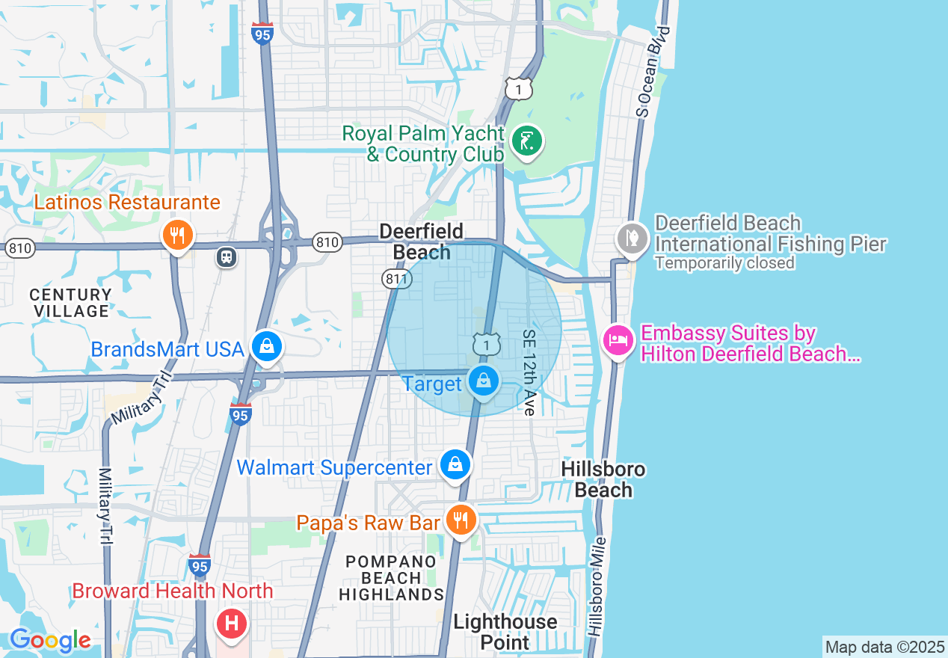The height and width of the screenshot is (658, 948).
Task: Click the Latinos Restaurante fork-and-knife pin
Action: [x=177, y=236]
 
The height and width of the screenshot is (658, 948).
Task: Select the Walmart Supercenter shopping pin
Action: [x=454, y=465]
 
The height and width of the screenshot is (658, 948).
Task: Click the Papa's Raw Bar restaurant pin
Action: [x=461, y=519]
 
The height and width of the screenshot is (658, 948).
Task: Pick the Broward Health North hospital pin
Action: [x=231, y=622]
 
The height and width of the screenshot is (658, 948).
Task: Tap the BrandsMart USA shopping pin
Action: [x=266, y=347]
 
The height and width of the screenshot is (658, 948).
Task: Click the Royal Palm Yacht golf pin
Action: [x=527, y=141]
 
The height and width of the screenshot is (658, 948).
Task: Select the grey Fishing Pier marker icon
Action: [x=632, y=239]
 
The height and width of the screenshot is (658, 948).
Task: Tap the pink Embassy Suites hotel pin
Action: [x=618, y=341]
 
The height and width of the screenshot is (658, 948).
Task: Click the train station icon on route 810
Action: [x=225, y=257]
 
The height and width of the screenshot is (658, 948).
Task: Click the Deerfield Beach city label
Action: [x=422, y=242]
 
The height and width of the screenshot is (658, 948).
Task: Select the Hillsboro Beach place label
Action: [x=603, y=479]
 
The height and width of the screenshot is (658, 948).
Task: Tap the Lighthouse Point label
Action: [x=505, y=632]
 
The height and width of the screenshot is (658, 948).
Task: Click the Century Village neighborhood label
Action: [x=71, y=303]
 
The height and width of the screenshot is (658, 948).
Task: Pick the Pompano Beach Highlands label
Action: [x=392, y=577]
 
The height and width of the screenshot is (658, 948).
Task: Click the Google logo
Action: [x=50, y=640]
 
